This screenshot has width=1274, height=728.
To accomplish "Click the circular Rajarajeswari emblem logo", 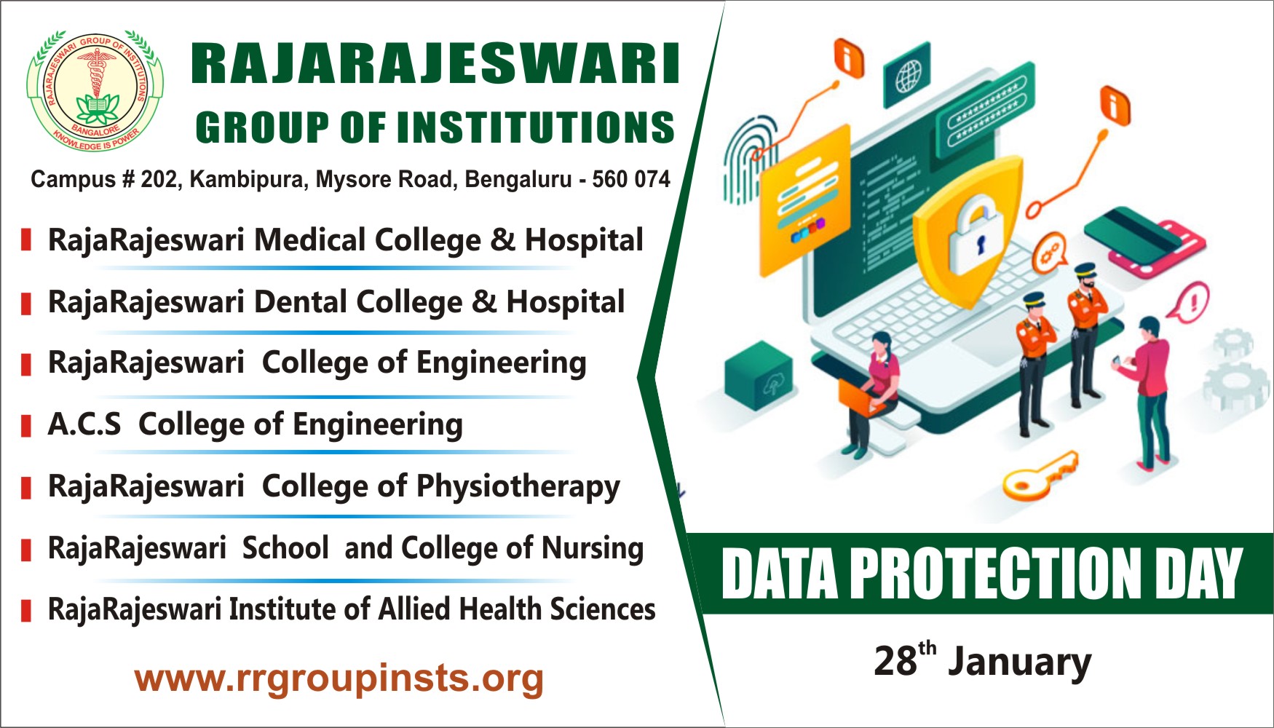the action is pyautogui.click(x=95, y=90).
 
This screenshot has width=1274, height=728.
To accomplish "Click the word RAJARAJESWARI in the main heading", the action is pyautogui.click(x=435, y=65).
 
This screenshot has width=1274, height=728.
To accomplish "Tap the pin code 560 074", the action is pyautogui.click(x=630, y=179).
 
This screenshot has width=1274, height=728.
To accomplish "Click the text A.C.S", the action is pyautogui.click(x=84, y=424).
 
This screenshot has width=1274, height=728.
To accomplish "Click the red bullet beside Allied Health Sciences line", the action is pyautogui.click(x=26, y=610).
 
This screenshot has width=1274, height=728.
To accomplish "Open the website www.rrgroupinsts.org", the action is pyautogui.click(x=339, y=678).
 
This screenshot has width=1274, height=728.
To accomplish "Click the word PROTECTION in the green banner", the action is pyautogui.click(x=995, y=574).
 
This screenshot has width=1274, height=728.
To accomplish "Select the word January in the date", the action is pyautogui.click(x=1019, y=662).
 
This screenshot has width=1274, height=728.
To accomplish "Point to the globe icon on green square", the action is pyautogui.click(x=907, y=75).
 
